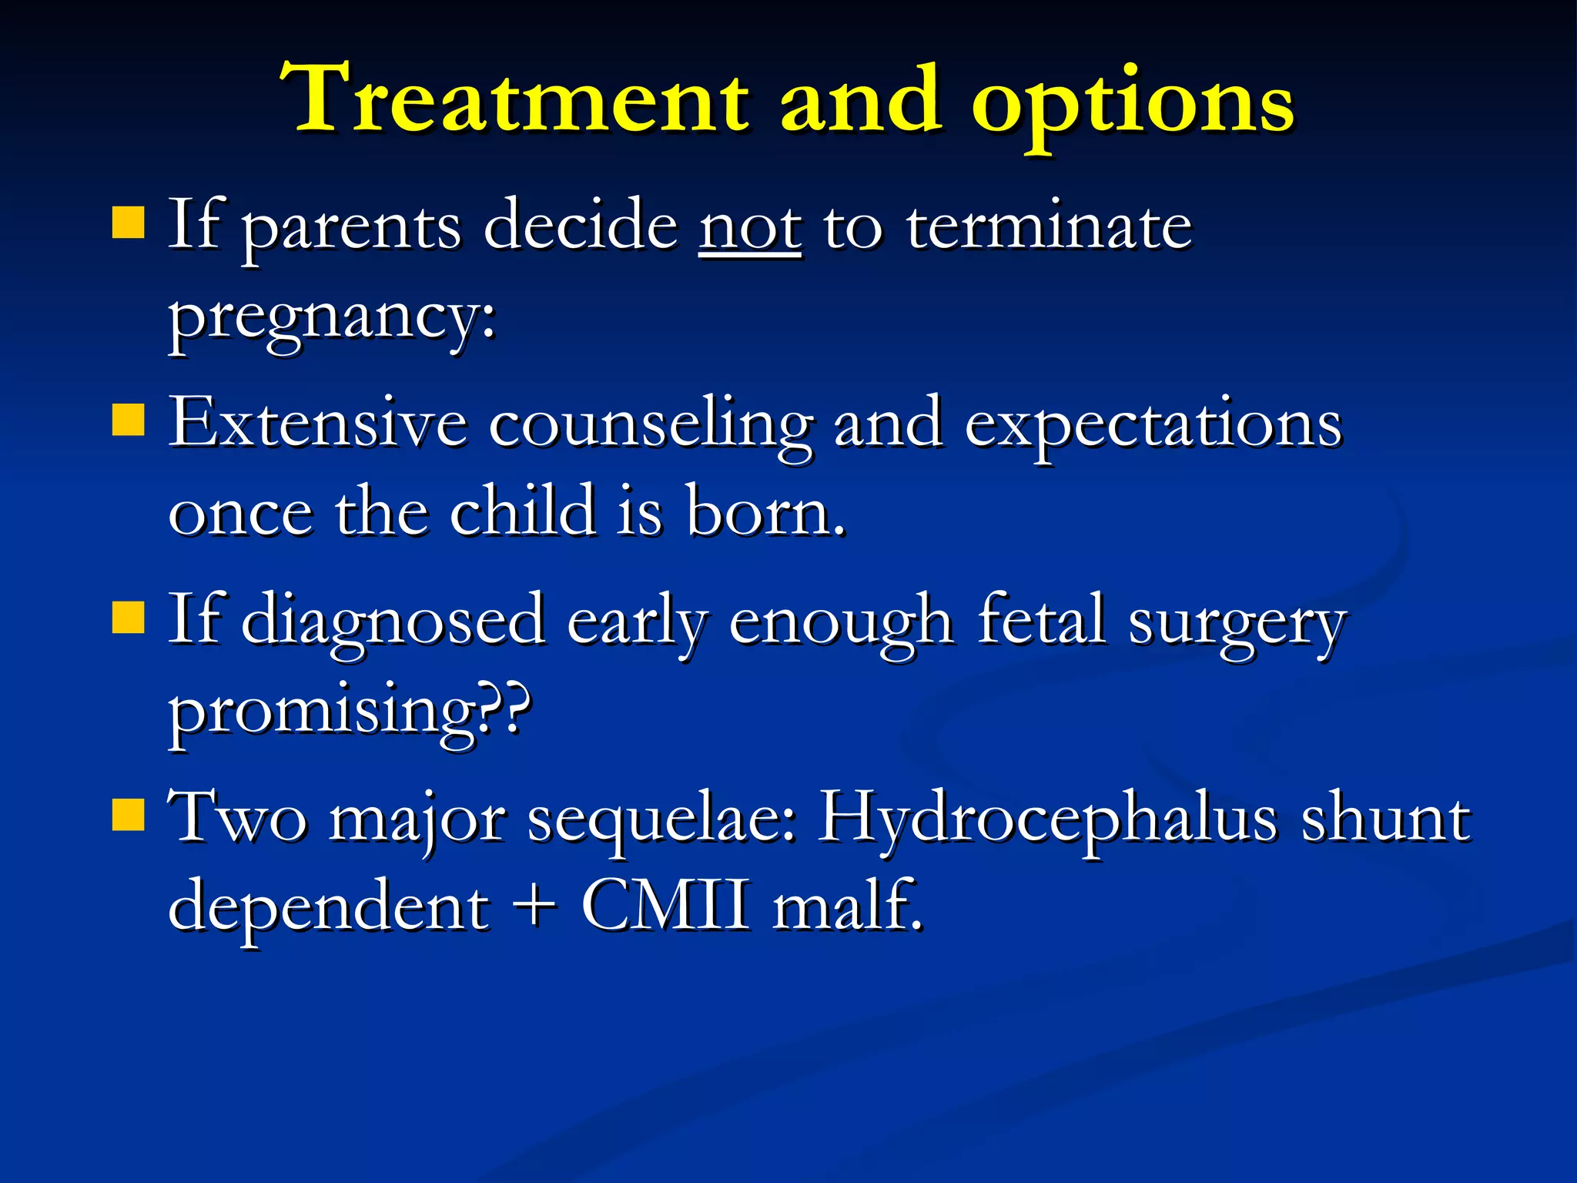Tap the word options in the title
click(1132, 104)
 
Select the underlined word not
click(750, 227)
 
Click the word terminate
click(1048, 227)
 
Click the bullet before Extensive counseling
click(128, 421)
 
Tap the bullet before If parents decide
click(128, 223)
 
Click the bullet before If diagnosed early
click(128, 618)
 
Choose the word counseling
click(651, 425)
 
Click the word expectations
click(1153, 425)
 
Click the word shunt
click(1385, 819)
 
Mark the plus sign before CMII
click(533, 906)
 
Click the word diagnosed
click(393, 622)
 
